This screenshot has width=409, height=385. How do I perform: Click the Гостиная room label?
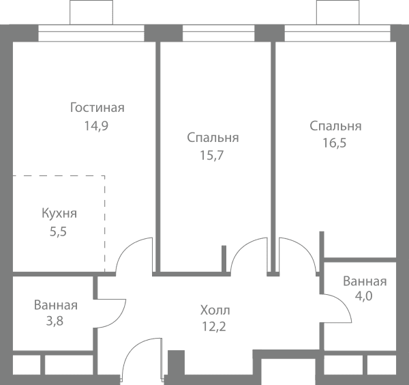pyautogui.click(x=97, y=108)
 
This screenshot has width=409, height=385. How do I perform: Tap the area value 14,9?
pyautogui.click(x=96, y=126)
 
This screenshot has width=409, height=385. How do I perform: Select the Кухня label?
pyautogui.click(x=59, y=214)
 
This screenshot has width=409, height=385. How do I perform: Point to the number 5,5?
pyautogui.click(x=58, y=231)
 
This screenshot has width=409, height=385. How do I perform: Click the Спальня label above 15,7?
pyautogui.click(x=213, y=138)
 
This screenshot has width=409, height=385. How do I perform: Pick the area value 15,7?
pyautogui.click(x=212, y=156)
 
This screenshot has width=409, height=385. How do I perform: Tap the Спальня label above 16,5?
pyautogui.click(x=335, y=126)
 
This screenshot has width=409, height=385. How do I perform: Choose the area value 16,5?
pyautogui.click(x=335, y=143)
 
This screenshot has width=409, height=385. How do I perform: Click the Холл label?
pyautogui.click(x=215, y=311)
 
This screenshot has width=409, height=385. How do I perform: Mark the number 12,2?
pyautogui.click(x=214, y=326)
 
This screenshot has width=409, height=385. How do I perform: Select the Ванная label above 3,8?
pyautogui.click(x=56, y=305)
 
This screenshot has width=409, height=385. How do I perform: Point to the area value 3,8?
pyautogui.click(x=55, y=321)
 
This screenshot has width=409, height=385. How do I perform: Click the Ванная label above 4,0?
pyautogui.click(x=365, y=281)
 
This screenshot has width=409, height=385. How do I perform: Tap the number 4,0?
pyautogui.click(x=363, y=296)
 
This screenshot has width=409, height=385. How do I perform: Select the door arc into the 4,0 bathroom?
pyautogui.click(x=345, y=304)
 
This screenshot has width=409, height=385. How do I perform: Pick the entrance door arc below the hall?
pyautogui.click(x=130, y=350)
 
